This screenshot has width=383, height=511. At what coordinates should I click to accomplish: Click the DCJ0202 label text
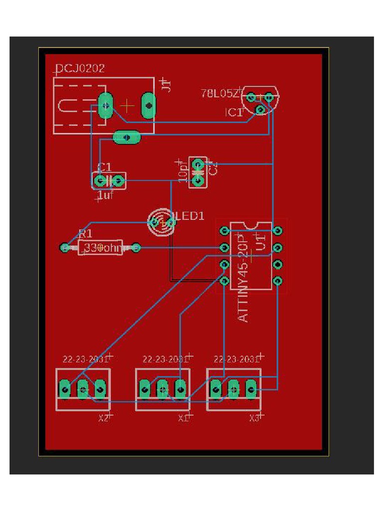[x=80, y=69]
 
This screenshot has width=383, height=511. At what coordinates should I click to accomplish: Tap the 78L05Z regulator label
[x=220, y=93]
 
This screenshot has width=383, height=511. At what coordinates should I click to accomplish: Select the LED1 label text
[x=190, y=216]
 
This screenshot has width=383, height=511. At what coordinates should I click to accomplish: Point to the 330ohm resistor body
[x=100, y=248]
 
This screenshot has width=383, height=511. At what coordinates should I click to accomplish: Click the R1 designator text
[x=85, y=234]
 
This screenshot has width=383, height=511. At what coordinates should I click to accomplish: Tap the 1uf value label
[x=106, y=196]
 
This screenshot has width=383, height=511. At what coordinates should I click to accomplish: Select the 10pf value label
[x=183, y=172]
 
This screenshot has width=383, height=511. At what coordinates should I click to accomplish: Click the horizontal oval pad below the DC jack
[x=127, y=137]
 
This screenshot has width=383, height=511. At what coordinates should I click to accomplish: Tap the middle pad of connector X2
[x=82, y=388]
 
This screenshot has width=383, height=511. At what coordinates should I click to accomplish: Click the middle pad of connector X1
[x=163, y=388]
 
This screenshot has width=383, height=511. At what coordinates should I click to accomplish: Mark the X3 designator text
[x=254, y=418]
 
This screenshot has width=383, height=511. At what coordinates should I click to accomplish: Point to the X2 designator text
[x=103, y=418]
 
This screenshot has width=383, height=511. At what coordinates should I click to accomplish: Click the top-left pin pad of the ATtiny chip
[x=225, y=231]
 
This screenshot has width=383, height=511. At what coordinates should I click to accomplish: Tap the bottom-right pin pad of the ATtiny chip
[x=278, y=280]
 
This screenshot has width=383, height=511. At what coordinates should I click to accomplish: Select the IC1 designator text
[x=233, y=113]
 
